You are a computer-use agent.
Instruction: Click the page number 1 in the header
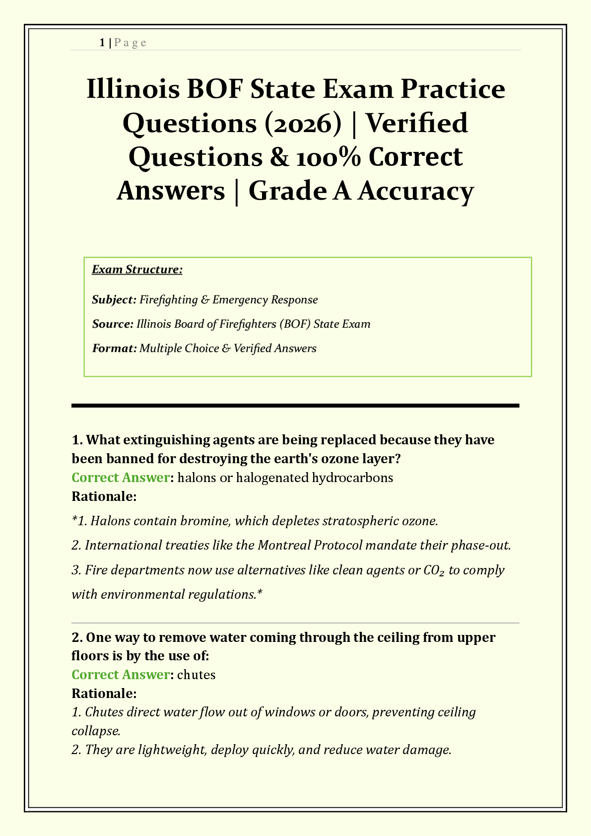pyautogui.click(x=102, y=43)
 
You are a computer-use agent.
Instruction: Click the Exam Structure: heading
pyautogui.click(x=137, y=270)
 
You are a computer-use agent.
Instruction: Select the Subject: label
pyautogui.click(x=114, y=300)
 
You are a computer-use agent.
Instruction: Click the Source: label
pyautogui.click(x=113, y=324)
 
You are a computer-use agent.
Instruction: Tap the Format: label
pyautogui.click(x=114, y=348)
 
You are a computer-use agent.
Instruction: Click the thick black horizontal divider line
pyautogui.click(x=295, y=406)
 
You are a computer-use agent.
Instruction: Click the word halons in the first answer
pyautogui.click(x=194, y=478)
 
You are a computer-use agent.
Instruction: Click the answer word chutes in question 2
pyautogui.click(x=196, y=675)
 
